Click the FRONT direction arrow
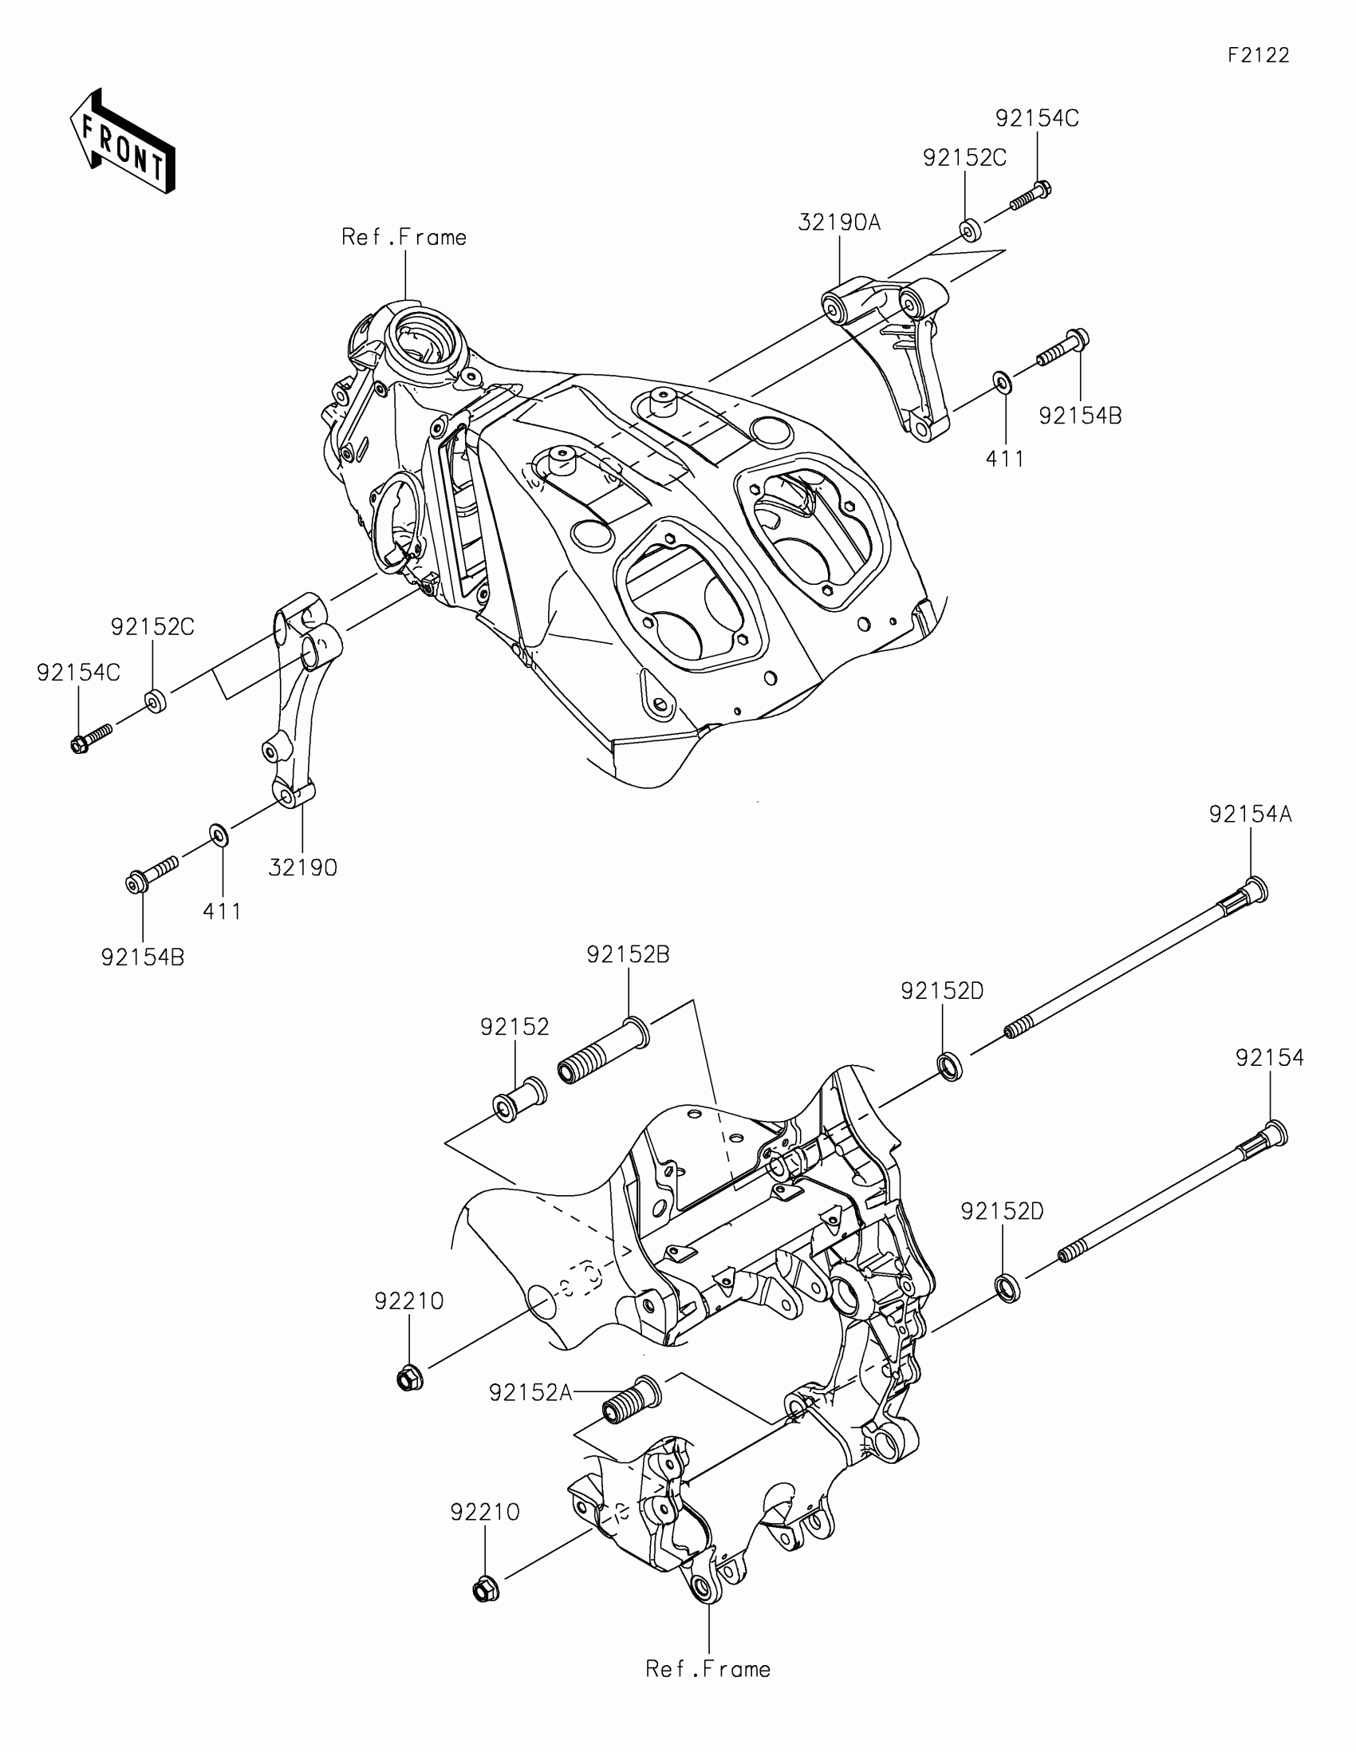pos(123,142)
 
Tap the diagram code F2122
pos(1258,55)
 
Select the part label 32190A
pos(839,223)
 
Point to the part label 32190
pos(302,868)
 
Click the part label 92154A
pos(1250,815)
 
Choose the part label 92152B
pos(628,955)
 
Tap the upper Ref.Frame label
pos(404,238)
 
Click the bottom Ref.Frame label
pos(708,1669)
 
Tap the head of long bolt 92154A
pos(1255,890)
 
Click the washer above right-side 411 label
pos(1002,381)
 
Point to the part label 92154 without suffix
pos(1269,1058)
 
